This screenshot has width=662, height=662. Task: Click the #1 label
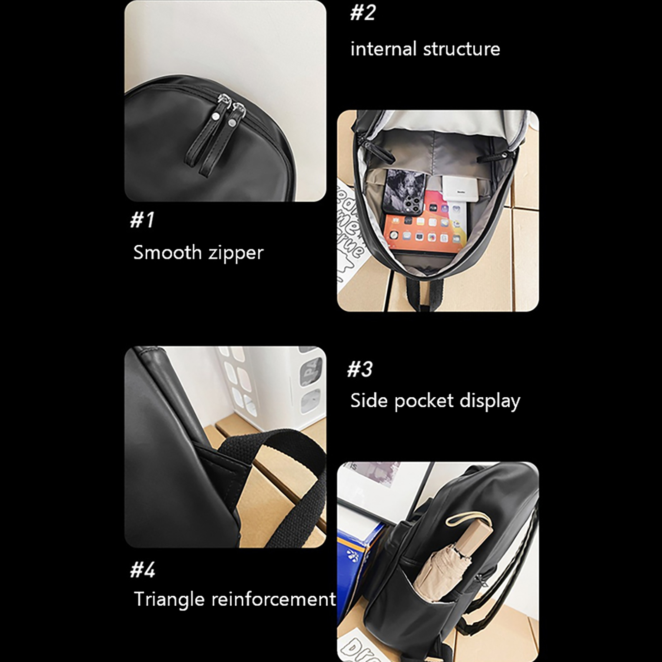(142, 219)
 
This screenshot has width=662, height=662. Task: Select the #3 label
(360, 369)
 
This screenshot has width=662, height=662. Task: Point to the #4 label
(143, 570)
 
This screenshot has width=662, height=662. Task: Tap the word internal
(384, 49)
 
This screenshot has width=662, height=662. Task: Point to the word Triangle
(169, 600)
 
